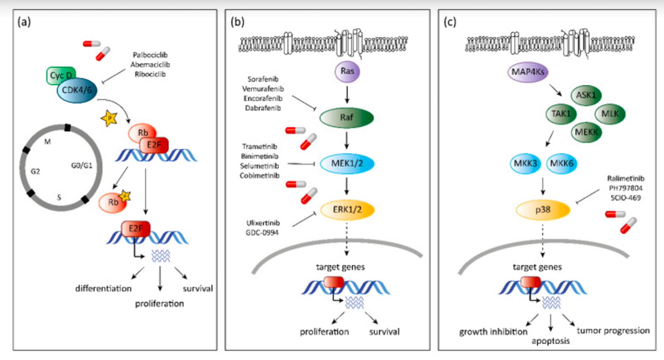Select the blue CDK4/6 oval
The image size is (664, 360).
pos(77,87)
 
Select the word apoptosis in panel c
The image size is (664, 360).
pos(550,341)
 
